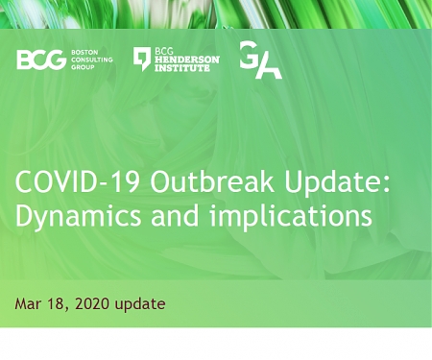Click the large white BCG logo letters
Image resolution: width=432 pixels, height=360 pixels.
click(40, 60)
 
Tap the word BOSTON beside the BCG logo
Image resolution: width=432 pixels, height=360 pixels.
click(84, 53)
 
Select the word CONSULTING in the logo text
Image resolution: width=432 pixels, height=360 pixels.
click(92, 60)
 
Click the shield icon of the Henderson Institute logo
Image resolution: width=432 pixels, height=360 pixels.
click(141, 59)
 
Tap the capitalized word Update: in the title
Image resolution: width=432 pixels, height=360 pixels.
click(325, 184)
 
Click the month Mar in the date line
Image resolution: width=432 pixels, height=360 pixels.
click(28, 303)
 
